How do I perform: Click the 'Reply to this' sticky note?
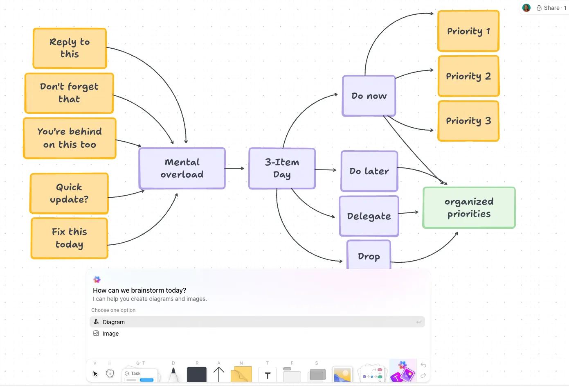pos(70,48)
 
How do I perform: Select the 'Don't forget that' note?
pos(69,93)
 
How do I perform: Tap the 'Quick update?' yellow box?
pos(69,193)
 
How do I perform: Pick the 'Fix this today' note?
pos(70,238)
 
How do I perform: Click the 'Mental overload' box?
pos(182,168)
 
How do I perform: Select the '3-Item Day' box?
pos(282,169)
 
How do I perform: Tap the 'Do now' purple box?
pos(369,96)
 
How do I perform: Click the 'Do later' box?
pos(369,171)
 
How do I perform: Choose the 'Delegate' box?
pos(369,216)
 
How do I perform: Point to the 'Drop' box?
pos(369,255)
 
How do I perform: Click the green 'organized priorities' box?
pos(469,208)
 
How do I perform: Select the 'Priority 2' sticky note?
pos(468,76)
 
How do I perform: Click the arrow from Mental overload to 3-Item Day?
pos(234,168)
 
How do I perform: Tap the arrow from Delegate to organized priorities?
pos(408,213)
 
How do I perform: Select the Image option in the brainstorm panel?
pos(110,334)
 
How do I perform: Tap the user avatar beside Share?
pos(526,8)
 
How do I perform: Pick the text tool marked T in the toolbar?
pos(267,374)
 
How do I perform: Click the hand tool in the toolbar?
pos(110,373)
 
